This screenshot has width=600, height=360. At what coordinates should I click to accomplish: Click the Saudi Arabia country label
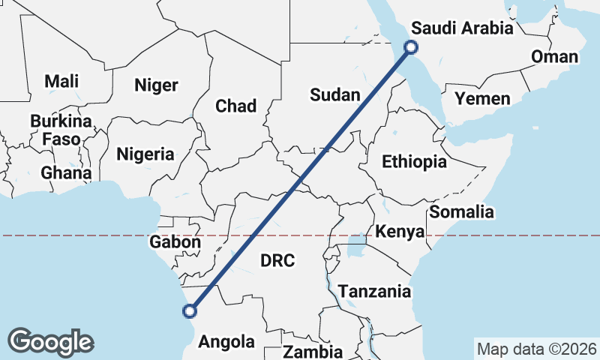[x=462, y=28]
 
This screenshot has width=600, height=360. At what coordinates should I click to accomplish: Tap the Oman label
[x=554, y=57]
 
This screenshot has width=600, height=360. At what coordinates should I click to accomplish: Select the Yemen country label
[x=482, y=98]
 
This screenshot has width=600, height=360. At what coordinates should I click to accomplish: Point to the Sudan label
[x=335, y=94]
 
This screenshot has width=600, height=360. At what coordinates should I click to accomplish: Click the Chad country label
[x=235, y=106]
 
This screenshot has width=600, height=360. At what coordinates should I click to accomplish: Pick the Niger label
[x=156, y=85]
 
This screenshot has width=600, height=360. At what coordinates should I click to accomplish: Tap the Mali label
[x=61, y=81]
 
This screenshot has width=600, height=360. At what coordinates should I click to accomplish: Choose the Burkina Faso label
[x=61, y=130]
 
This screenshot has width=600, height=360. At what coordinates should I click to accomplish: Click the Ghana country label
[x=66, y=172]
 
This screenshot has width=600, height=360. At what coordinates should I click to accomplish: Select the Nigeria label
[x=145, y=154]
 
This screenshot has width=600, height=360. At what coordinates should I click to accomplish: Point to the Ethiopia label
[x=414, y=161]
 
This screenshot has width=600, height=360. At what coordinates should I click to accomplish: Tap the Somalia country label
[x=461, y=211]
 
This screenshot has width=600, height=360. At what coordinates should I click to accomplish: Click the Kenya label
[x=400, y=231]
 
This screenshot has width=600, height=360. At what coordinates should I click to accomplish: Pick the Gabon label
[x=175, y=242]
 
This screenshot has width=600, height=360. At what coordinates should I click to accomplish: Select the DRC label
[x=277, y=260]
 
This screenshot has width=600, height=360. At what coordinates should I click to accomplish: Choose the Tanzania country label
[x=374, y=291]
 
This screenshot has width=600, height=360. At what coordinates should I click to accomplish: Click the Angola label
[x=226, y=342]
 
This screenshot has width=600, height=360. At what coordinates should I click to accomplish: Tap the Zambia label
[x=313, y=351]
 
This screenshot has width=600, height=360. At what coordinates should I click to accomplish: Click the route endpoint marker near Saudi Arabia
[x=411, y=47]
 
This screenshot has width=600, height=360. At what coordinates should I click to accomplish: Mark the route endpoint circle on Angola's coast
[x=190, y=310]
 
